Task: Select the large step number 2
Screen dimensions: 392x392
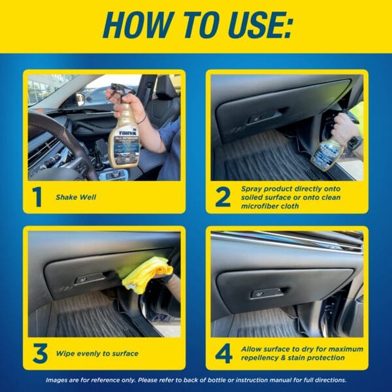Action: click(223, 195)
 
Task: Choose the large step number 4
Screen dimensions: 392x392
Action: click(223, 353)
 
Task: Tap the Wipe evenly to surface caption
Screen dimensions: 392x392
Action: click(97, 353)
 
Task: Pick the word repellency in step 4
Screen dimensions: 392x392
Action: click(263, 359)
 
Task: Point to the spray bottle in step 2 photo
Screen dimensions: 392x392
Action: click(326, 154)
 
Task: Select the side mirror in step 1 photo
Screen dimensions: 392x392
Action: click(80, 99)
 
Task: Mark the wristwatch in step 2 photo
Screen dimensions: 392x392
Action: click(353, 142)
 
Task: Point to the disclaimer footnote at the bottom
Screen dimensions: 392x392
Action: click(196, 380)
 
